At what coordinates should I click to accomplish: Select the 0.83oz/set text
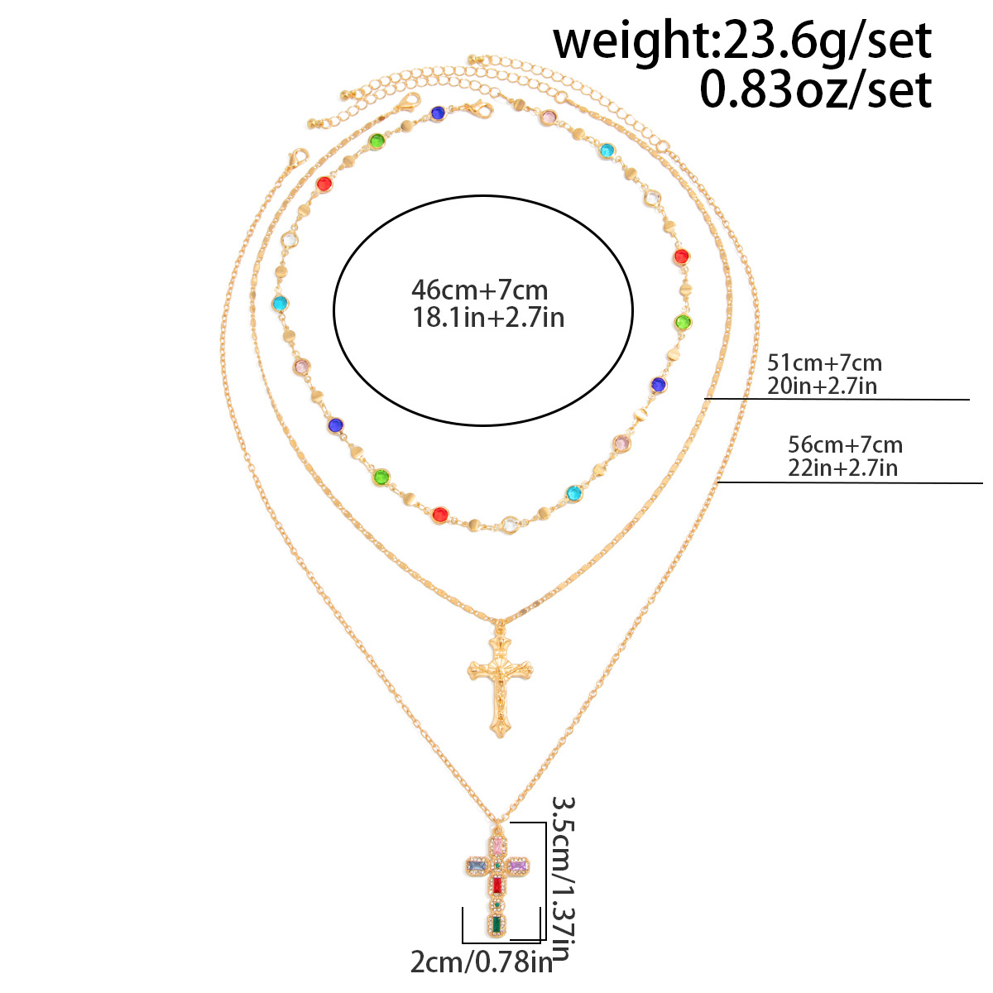coord(816,89)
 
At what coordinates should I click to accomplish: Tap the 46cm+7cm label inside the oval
coord(479,290)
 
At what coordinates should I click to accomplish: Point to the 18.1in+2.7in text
coord(488,318)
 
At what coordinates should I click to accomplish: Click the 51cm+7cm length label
coord(824,363)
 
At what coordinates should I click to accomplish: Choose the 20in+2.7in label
coord(822,386)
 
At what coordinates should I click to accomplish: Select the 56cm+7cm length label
coord(845,444)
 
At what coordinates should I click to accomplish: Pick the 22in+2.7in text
coord(842,468)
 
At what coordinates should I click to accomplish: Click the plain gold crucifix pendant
coord(500,684)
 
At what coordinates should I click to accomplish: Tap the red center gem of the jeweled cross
coord(497,885)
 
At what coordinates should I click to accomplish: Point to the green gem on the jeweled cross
coord(496,924)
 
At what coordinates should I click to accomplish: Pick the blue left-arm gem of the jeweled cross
coord(476,866)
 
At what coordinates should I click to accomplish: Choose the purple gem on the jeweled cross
coord(518,866)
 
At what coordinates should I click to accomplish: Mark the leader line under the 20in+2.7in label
coord(837,399)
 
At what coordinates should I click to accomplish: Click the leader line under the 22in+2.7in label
coord(851,482)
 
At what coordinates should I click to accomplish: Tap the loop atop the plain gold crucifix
coord(499,628)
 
